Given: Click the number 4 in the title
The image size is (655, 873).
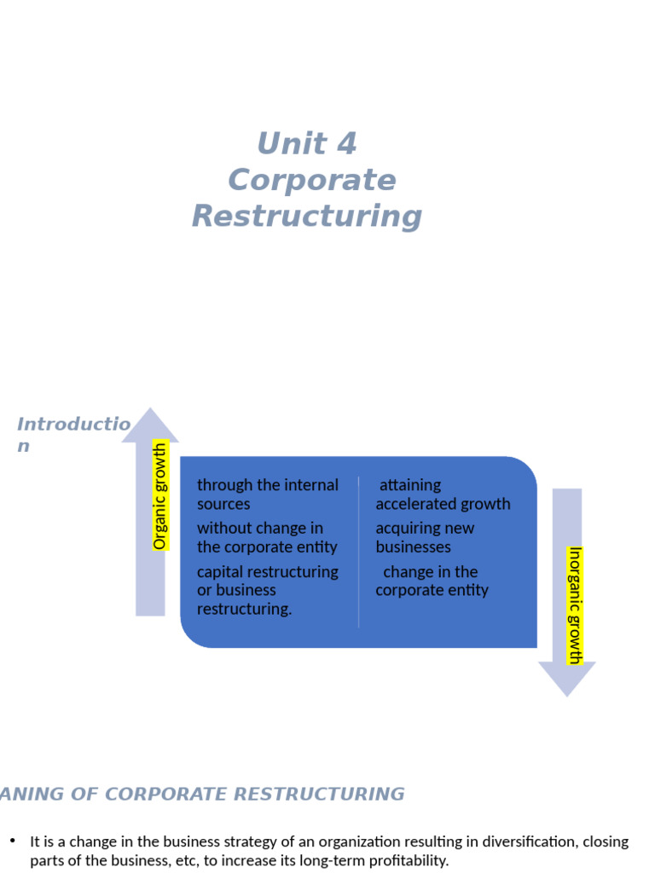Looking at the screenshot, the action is point(346,143).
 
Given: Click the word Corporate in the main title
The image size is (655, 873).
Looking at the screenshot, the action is point(312,181).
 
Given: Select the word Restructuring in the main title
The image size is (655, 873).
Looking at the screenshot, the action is point(307,217).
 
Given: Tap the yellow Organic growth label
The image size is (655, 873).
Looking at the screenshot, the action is point(159,495).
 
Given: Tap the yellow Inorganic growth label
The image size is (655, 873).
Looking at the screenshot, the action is point(575,605).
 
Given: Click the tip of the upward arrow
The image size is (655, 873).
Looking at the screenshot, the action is point(150,408).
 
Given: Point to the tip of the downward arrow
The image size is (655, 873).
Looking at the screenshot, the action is point(567,697).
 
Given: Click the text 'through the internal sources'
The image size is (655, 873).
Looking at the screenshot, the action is point(267,494).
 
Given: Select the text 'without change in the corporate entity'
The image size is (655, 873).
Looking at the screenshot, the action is point(267,537).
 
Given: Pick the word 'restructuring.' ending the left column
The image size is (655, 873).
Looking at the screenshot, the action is point(244,609).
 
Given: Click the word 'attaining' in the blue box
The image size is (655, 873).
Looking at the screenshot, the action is point(410,485).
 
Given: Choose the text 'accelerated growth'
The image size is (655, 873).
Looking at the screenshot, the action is point(443,504).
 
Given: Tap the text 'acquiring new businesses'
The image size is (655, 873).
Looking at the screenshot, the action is point(425,537).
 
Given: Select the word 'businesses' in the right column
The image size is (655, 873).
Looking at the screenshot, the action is point(414,546).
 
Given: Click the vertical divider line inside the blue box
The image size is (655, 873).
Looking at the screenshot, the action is point(359,552).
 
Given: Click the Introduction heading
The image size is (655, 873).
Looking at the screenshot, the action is point(73,434).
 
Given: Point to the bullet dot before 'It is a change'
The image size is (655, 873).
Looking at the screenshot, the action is point(13,840).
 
